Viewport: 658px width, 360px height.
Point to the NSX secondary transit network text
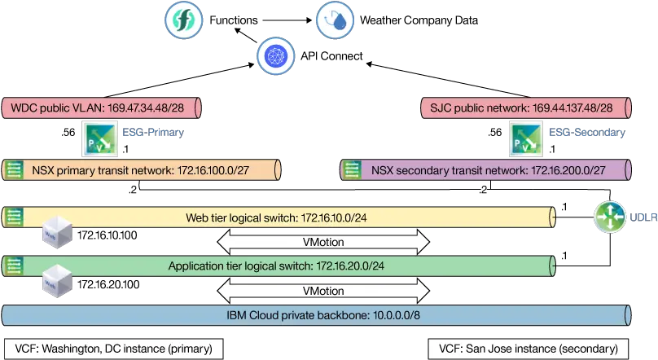[x=488, y=170]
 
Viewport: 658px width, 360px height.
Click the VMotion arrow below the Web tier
[x=322, y=242]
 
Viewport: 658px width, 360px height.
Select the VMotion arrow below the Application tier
[x=322, y=290]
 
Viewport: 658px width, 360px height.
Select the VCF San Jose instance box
[x=528, y=349]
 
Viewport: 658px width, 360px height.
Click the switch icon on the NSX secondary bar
[x=352, y=170]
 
